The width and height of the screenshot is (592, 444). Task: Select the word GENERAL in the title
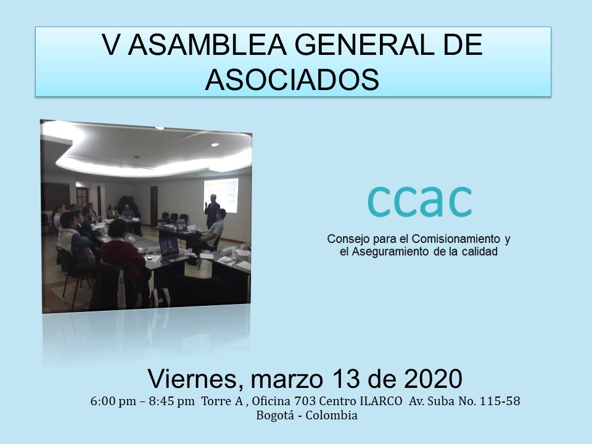362,44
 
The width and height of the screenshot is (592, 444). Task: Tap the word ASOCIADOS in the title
292,80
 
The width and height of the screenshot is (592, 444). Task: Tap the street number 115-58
499,401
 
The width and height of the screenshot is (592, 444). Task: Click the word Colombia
332,415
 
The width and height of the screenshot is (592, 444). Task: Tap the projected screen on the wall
221,195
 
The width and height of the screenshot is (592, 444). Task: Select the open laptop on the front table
171,249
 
